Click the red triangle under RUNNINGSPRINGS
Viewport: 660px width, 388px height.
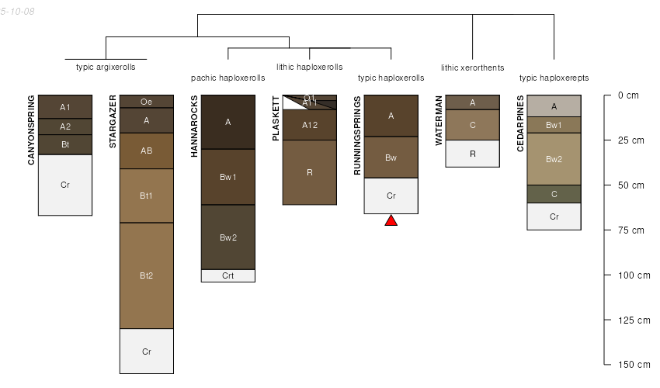point(391,221)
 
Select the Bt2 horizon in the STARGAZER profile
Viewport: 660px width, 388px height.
point(146,275)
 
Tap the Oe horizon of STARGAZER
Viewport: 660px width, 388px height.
point(146,101)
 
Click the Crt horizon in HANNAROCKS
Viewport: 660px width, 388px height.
point(228,275)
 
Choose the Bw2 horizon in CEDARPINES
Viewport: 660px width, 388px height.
point(554,159)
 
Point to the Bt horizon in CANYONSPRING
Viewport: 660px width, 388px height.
point(65,144)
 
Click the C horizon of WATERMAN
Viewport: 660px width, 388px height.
point(472,125)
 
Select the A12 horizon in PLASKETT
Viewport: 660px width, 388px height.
point(309,125)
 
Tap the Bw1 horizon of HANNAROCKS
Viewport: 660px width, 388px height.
point(228,177)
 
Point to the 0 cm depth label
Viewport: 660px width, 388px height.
point(627,95)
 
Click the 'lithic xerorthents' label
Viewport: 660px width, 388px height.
point(472,68)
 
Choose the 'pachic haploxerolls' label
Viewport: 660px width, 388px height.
point(228,78)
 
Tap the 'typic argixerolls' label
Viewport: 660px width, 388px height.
point(106,67)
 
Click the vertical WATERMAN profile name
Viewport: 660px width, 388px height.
point(439,120)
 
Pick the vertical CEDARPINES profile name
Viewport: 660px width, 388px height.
point(520,124)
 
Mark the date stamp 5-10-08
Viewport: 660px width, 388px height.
point(17,12)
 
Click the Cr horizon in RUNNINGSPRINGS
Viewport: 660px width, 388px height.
point(391,196)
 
